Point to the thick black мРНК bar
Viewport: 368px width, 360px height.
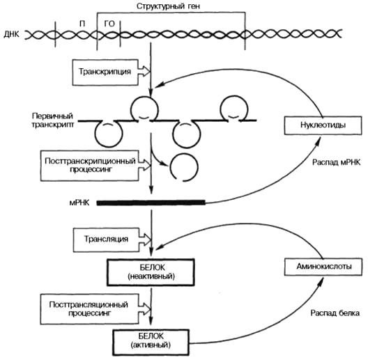pos(151,203)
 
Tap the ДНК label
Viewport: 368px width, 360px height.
pos(11,35)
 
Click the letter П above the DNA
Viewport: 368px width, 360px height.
pos(82,24)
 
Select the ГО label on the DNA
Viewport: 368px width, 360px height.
pos(109,24)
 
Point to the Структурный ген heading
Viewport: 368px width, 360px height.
pos(168,6)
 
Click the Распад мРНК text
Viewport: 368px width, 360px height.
pos(336,162)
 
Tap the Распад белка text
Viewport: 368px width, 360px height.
pos(335,313)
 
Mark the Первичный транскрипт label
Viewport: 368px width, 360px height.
pos(52,120)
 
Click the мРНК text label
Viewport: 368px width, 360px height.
pos(79,203)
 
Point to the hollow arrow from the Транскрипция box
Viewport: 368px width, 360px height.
pos(144,70)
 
